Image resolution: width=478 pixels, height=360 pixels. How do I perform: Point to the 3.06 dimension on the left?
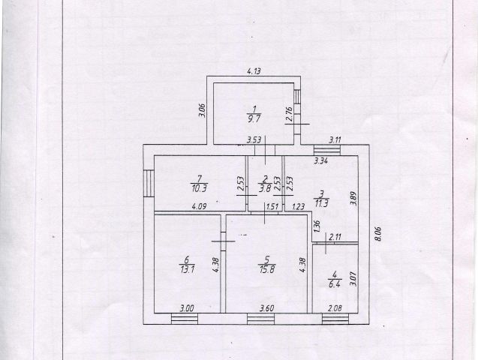coord(202,112)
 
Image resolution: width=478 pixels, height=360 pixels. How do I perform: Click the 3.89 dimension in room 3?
coord(353,201)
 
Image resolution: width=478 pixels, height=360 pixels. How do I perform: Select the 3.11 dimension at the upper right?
coord(335,139)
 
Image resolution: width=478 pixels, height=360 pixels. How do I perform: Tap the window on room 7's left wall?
coord(149,181)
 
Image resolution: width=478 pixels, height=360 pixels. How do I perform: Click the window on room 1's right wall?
coord(298,98)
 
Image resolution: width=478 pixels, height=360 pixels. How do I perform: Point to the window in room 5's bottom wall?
coord(263,318)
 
